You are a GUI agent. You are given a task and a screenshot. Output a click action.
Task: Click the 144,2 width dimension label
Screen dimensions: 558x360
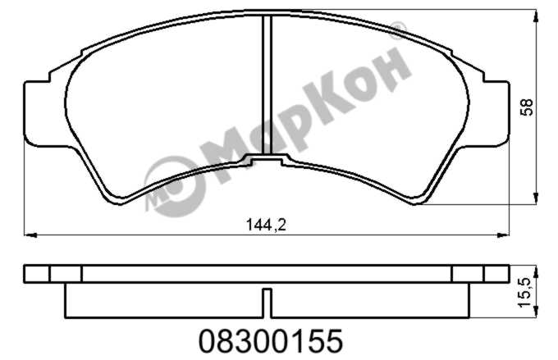coord(266,225)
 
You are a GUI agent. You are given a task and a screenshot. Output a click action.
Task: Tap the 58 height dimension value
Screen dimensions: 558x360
coord(527,107)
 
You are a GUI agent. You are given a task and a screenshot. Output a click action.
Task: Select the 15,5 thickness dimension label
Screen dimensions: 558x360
coord(525,293)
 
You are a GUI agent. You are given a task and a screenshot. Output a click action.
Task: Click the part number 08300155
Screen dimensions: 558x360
coord(271,341)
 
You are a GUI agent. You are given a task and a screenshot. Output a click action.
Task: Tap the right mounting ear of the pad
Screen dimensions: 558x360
coord(496,113)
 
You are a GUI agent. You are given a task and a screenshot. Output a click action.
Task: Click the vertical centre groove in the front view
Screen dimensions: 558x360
coord(267,84)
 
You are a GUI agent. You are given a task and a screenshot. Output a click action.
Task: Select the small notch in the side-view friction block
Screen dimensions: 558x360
coord(267,303)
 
